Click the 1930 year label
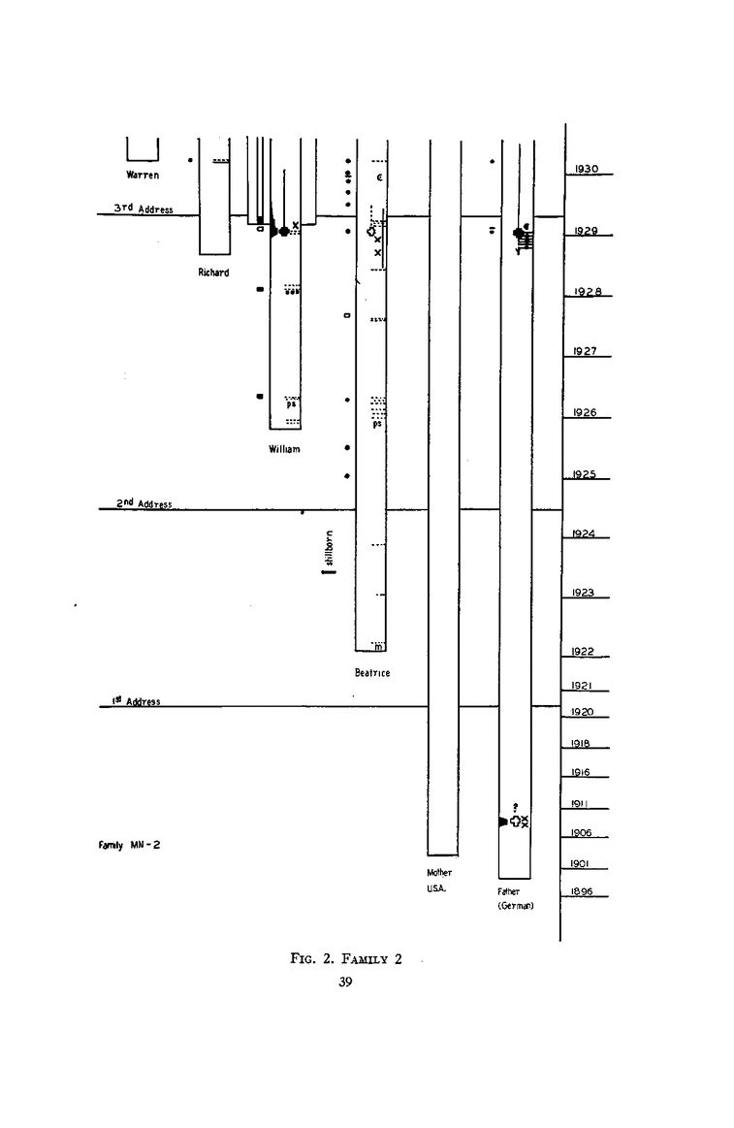587,169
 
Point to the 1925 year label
585,474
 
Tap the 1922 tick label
583,652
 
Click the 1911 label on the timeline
581,804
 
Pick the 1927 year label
585,352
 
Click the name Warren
143,176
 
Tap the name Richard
213,273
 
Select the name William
285,449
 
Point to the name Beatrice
372,673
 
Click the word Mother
439,873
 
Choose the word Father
509,891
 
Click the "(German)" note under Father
516,905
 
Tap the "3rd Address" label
143,209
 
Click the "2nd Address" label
144,504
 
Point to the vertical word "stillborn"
330,549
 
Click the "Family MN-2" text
129,844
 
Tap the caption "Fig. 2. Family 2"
345,960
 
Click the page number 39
345,983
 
